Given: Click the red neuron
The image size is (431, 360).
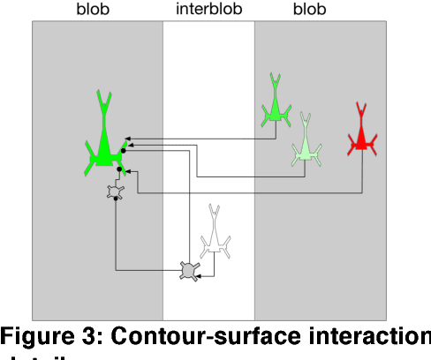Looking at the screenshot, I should tap(360, 138).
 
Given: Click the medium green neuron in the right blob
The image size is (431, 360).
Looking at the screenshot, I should tap(275, 107).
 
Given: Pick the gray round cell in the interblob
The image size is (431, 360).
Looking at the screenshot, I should tap(188, 269).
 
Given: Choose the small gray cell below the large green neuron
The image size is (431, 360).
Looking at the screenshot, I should tap(115, 193).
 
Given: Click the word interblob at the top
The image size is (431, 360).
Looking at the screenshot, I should tap(209, 11).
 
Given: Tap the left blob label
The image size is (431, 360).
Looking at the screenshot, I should tap(97, 11).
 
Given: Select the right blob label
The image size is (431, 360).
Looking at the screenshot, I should tap(308, 11).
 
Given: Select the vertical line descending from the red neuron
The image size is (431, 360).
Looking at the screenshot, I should tap(362, 172).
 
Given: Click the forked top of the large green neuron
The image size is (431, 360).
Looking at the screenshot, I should tap(105, 94).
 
